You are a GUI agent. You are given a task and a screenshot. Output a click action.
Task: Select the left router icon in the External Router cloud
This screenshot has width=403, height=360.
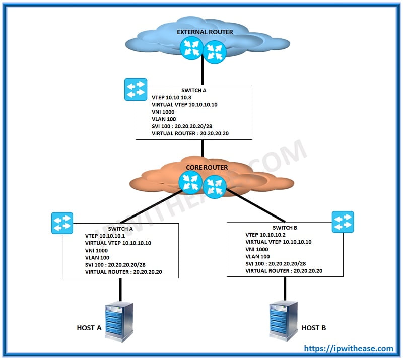(x=191, y=48)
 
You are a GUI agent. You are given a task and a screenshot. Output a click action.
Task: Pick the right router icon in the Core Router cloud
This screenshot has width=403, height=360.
(x=215, y=185)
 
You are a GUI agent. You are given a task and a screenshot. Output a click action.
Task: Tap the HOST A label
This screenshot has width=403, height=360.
(x=89, y=328)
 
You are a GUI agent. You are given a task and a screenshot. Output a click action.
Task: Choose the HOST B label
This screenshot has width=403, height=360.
(x=314, y=328)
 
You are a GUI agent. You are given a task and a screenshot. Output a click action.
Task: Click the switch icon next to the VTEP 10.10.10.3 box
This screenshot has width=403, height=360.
(x=136, y=89)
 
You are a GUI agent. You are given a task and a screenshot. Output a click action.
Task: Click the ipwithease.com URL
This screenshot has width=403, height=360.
(x=348, y=348)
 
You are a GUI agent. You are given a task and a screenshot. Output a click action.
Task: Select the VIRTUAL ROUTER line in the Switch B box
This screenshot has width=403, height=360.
(x=284, y=271)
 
